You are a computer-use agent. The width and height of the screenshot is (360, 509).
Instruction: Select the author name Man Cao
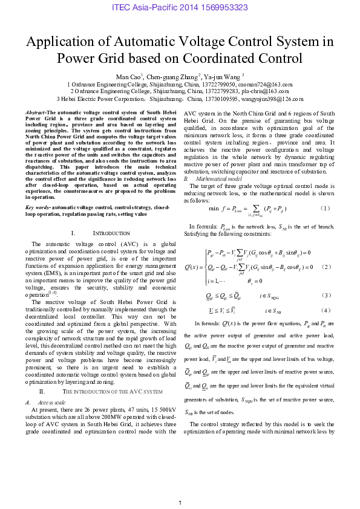tap(128, 77)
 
